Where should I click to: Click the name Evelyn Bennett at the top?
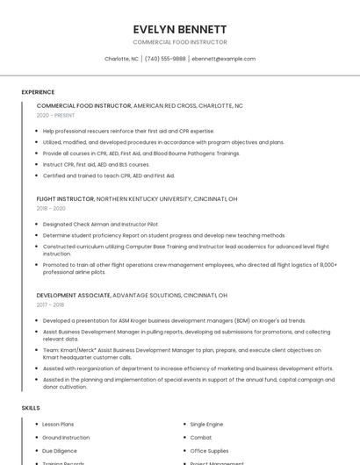coord(179,29)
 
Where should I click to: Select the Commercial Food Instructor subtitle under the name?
coord(179,42)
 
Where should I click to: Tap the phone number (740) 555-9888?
coord(165,59)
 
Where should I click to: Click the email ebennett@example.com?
coord(224,59)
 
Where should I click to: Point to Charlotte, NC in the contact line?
coord(121,59)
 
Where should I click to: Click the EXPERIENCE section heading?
coord(38,92)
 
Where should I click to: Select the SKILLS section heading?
coord(31,408)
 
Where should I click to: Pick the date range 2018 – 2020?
coord(51,209)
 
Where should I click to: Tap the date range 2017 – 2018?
coord(50,304)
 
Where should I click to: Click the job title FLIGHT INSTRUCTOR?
coord(65,199)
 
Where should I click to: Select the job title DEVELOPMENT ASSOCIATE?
coord(74,296)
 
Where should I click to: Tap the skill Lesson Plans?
coord(58,424)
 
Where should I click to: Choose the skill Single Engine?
coord(206,424)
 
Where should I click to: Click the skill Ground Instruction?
coord(66,437)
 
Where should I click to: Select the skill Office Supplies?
coord(208,450)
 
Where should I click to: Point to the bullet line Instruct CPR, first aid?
coord(96,164)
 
